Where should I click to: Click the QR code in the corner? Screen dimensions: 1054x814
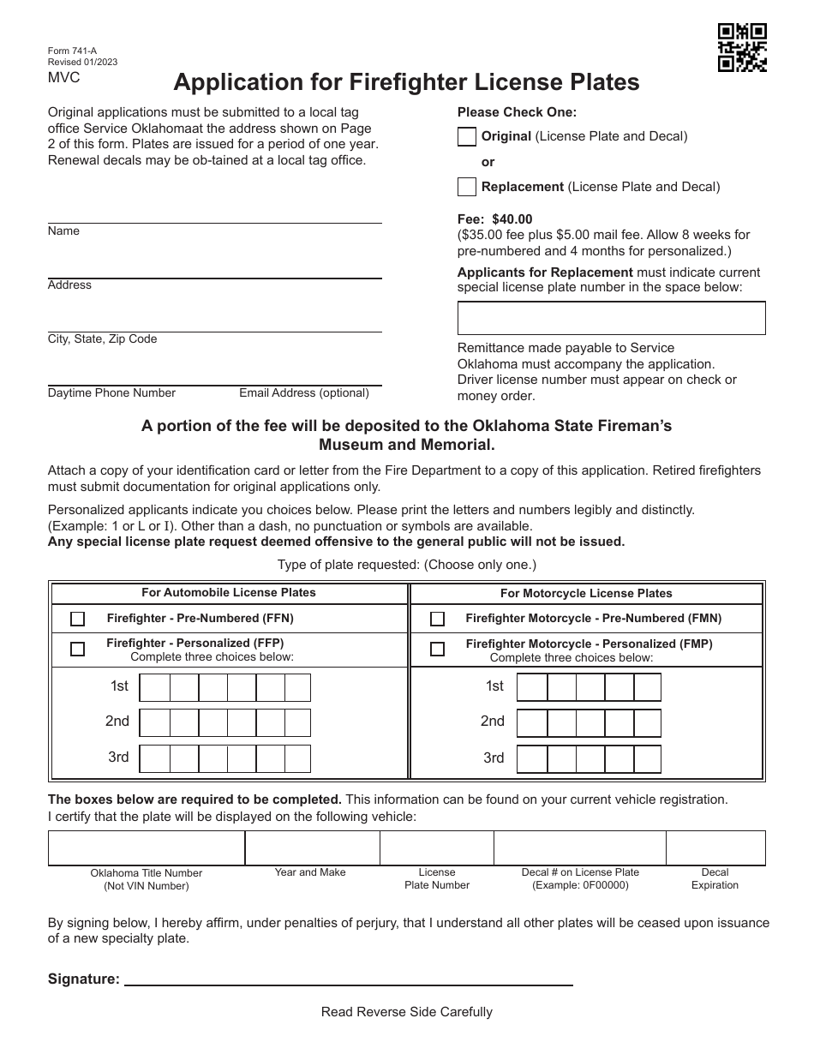coord(741,47)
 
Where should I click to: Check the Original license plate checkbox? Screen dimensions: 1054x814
coord(467,136)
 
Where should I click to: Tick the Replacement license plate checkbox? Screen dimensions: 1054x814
coord(467,187)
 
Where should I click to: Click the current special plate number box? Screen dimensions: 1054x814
coord(611,318)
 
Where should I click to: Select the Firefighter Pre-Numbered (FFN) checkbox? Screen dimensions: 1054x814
coord(78,619)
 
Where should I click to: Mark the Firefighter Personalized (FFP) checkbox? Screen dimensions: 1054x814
coord(78,649)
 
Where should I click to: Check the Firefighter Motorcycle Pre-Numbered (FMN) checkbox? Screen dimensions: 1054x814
coord(437,619)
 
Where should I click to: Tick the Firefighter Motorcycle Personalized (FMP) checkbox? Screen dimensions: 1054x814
coord(437,649)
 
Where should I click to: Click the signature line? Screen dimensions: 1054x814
coord(349,979)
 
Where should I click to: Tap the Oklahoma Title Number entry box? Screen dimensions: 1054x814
coord(147,847)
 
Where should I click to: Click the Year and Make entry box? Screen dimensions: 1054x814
coord(312,847)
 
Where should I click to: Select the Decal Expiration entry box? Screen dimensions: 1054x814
coord(715,847)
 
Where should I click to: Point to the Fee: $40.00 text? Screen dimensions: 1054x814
coord(494,220)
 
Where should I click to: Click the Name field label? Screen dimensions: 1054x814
coord(63,231)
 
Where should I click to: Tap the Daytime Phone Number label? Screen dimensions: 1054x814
coord(111,393)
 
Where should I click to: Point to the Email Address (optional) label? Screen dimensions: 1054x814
coord(304,393)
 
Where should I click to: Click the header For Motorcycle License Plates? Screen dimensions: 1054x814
coord(586,593)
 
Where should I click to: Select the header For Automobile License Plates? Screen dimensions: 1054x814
coord(229,592)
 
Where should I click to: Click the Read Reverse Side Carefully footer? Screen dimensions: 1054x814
coord(407,1012)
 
